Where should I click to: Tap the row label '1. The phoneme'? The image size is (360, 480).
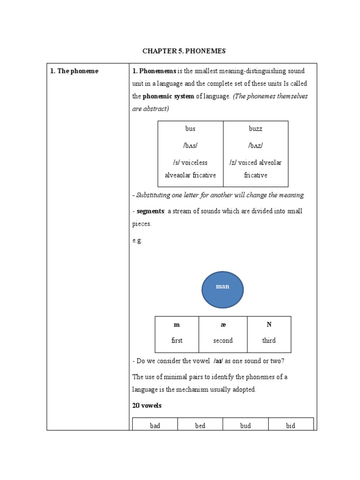coord(74,71)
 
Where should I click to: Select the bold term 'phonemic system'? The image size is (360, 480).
coord(168,96)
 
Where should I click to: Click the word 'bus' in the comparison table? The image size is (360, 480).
coord(190,128)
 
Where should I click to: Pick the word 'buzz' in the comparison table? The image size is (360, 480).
coord(255,128)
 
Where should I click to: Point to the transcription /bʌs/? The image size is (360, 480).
coord(190,145)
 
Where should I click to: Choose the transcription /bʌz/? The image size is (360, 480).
coord(255,145)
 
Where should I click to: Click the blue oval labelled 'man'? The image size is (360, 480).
coord(223,287)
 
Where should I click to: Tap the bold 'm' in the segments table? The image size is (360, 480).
coord(177,325)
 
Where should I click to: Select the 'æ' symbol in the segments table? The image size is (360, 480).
coord(223,325)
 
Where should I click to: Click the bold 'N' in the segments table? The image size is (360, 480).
coord(269,325)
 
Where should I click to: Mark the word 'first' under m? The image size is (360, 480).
coord(177,341)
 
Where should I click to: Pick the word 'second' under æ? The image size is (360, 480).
coord(223,341)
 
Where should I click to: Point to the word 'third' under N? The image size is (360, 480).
coord(269,341)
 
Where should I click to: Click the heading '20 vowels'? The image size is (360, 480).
coord(147,405)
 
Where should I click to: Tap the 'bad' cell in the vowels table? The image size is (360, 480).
coord(155,426)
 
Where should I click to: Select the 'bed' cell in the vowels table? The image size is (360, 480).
coord(200,426)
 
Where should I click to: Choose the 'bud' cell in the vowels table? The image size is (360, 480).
coord(245,426)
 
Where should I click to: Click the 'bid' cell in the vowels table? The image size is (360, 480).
coord(291,426)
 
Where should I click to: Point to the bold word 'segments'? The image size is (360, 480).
coord(150,211)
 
